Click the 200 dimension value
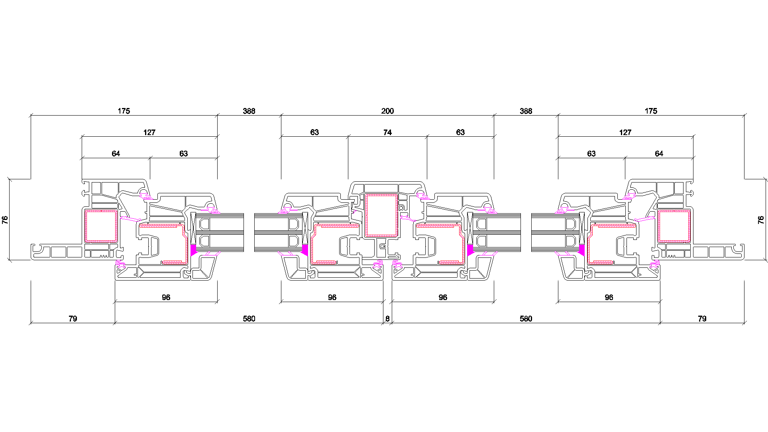(387, 111)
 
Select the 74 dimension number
(387, 132)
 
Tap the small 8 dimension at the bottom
(387, 319)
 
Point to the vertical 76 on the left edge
(5, 220)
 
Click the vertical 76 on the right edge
(761, 220)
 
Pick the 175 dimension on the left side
(124, 111)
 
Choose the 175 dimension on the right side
(651, 111)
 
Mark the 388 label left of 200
(249, 111)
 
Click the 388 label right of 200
(526, 111)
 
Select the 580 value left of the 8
(249, 319)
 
